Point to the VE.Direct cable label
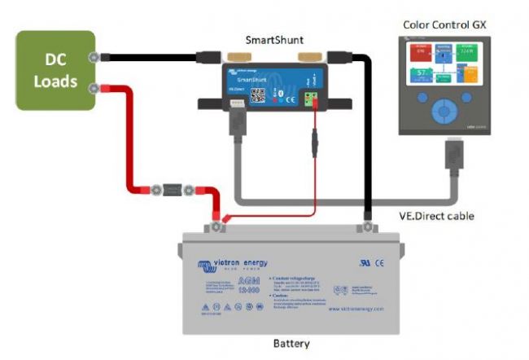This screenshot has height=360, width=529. point(438,216)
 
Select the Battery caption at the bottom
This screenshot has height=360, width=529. point(290,343)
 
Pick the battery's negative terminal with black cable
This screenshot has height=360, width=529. point(367,222)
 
